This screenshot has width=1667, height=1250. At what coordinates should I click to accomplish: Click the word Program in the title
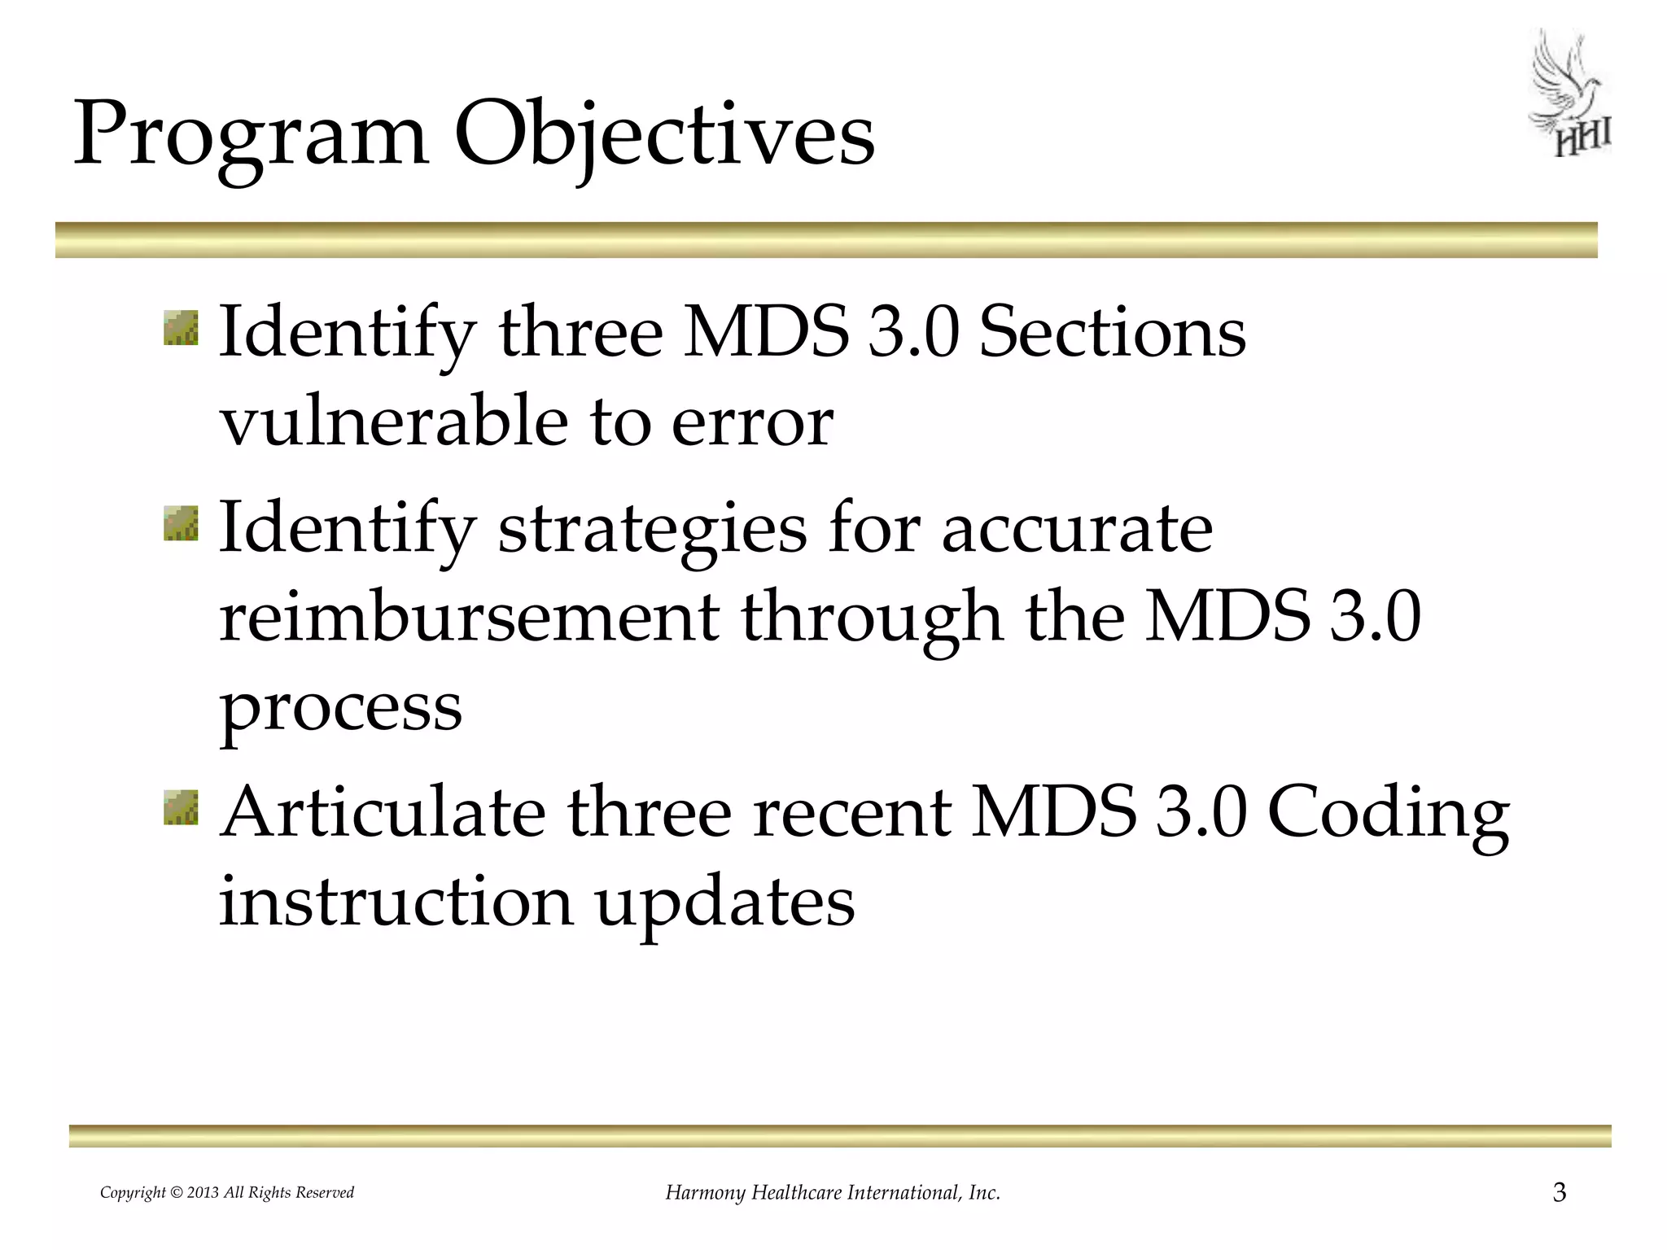tap(251, 135)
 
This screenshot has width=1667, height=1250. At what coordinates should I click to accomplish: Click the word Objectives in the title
tap(663, 135)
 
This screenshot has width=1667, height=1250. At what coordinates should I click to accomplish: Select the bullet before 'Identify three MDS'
tap(181, 328)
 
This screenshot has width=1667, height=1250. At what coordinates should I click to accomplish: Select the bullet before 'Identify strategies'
tap(181, 522)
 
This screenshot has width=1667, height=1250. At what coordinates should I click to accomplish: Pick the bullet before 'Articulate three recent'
tap(181, 806)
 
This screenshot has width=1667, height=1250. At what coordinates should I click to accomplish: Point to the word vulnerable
tap(394, 421)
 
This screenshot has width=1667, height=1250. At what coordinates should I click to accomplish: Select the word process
tap(340, 709)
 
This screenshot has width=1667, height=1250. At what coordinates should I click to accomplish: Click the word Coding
tap(1389, 815)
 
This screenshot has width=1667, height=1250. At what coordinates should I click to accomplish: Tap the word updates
tap(725, 904)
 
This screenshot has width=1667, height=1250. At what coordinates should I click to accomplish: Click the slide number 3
tap(1559, 1193)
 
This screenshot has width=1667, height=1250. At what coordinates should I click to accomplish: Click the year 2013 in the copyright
tap(203, 1193)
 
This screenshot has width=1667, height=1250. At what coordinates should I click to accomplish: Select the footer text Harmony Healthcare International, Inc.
tap(833, 1193)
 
